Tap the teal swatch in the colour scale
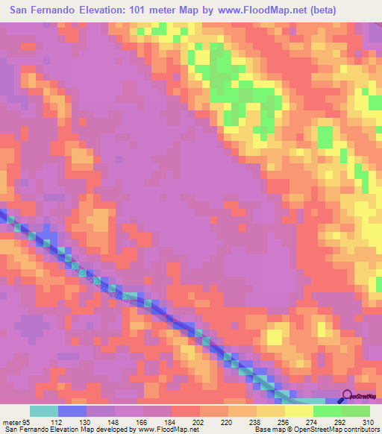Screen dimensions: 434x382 (44, 411)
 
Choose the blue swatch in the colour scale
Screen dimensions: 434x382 (72, 411)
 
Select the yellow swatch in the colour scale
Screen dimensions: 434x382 (299, 411)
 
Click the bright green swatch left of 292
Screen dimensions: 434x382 (328, 411)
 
